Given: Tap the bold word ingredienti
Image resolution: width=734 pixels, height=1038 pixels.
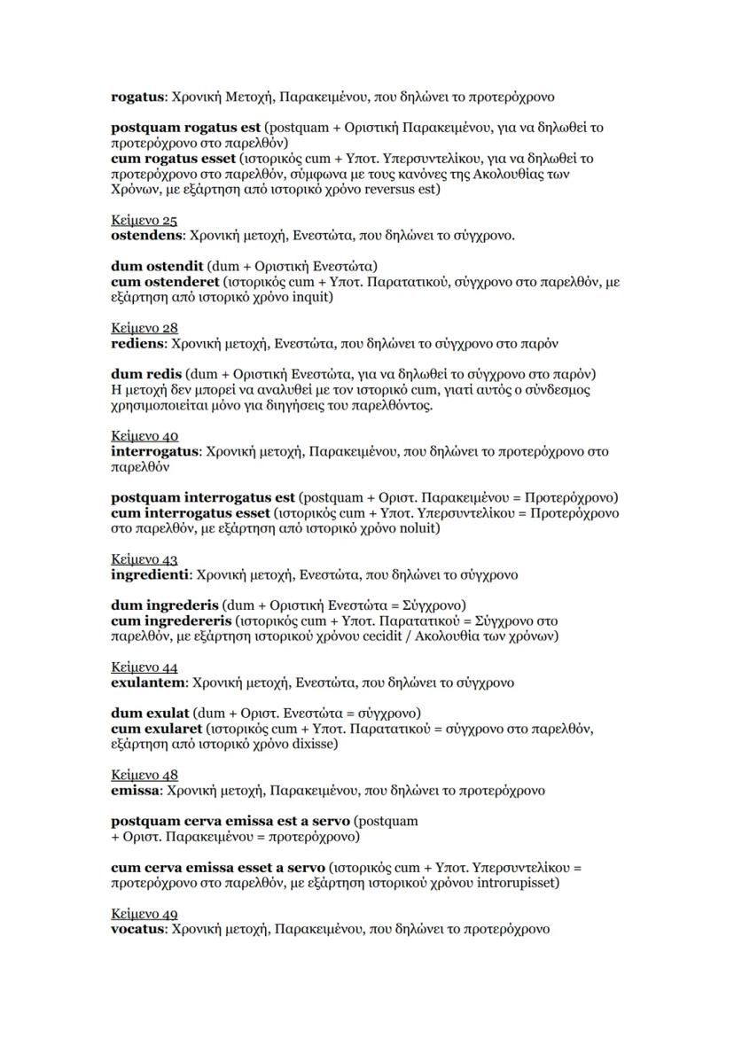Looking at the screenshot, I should pos(150,574).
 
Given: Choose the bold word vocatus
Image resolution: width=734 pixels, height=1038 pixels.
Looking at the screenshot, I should pos(138,929).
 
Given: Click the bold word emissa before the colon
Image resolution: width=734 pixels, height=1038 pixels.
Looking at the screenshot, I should pos(134,790).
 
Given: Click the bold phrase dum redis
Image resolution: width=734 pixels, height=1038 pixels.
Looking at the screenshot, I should pos(146,374).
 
